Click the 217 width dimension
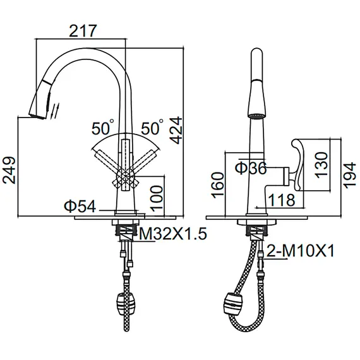tap(83, 31)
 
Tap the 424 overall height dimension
tap(176, 130)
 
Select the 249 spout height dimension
tap(9, 170)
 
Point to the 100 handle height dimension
tap(157, 198)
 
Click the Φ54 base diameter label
tap(80, 206)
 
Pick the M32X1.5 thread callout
tap(173, 234)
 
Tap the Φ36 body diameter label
tap(251, 168)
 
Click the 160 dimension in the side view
tap(217, 185)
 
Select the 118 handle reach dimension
tap(282, 200)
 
